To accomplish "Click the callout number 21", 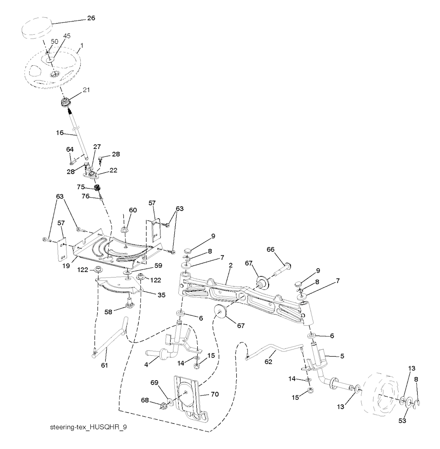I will coord(87,90).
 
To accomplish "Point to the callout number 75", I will coord(81,187).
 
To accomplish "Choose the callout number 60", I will coord(133,210).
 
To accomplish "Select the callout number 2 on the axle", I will coord(231,266).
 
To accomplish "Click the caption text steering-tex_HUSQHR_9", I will coord(89,429).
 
